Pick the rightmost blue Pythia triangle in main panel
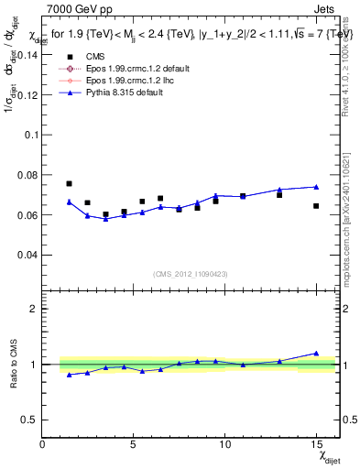[316, 187]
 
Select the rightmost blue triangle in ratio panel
[316, 353]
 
